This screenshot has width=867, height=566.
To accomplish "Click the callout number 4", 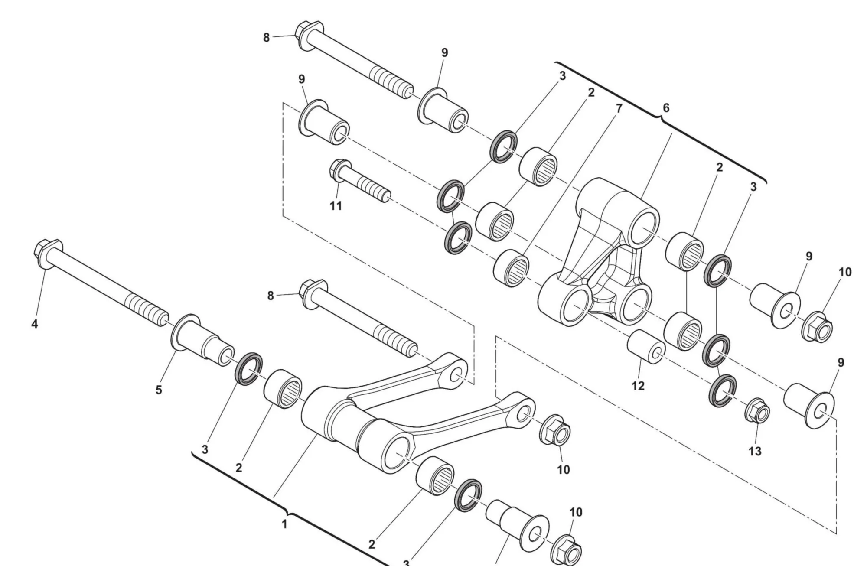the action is pyautogui.click(x=35, y=323).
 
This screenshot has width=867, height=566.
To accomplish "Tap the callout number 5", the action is pyautogui.click(x=159, y=390).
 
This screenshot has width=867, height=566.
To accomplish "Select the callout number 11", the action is pyautogui.click(x=336, y=206).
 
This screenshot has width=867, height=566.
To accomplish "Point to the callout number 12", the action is pyautogui.click(x=638, y=386).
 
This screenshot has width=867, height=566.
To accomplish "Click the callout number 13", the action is pyautogui.click(x=755, y=451).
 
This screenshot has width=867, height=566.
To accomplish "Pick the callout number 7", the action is pyautogui.click(x=619, y=108).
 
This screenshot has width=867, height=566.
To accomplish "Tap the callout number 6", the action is pyautogui.click(x=666, y=107).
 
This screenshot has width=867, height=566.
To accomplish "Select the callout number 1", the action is pyautogui.click(x=284, y=524).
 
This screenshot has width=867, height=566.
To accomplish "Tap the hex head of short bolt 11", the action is pyautogui.click(x=340, y=170).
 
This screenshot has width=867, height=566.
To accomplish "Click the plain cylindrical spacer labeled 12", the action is pyautogui.click(x=646, y=347).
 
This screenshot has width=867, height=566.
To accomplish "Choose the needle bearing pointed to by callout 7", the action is pyautogui.click(x=511, y=268).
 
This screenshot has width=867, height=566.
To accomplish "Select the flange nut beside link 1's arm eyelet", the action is pyautogui.click(x=555, y=430).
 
